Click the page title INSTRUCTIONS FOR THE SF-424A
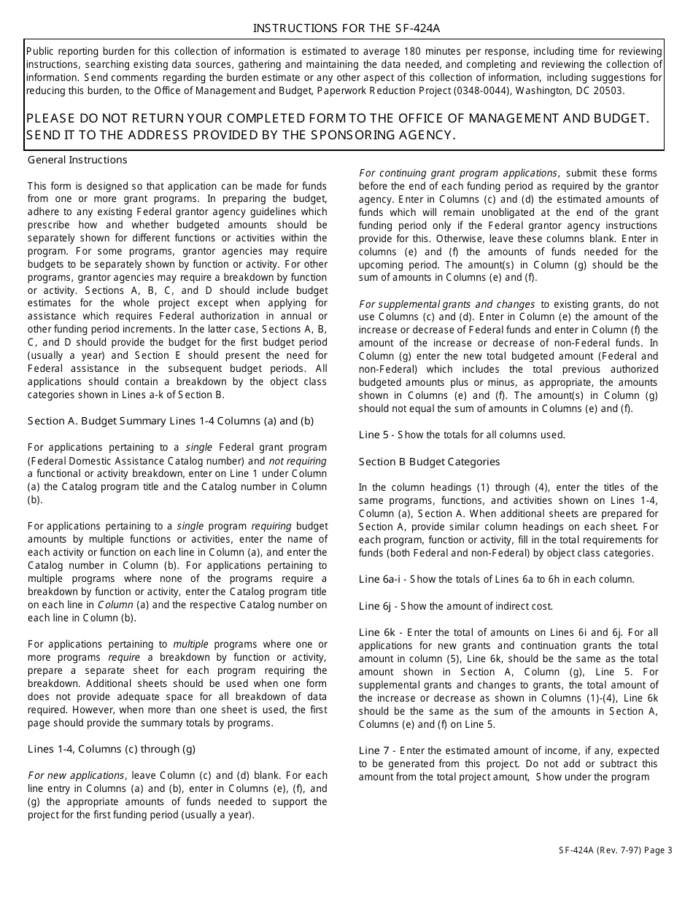346,28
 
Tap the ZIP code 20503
611,91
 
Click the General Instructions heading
77,160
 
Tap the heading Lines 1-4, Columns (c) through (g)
112,749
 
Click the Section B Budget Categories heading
429,462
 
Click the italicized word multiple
190,644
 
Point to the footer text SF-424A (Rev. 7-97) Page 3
615,849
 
